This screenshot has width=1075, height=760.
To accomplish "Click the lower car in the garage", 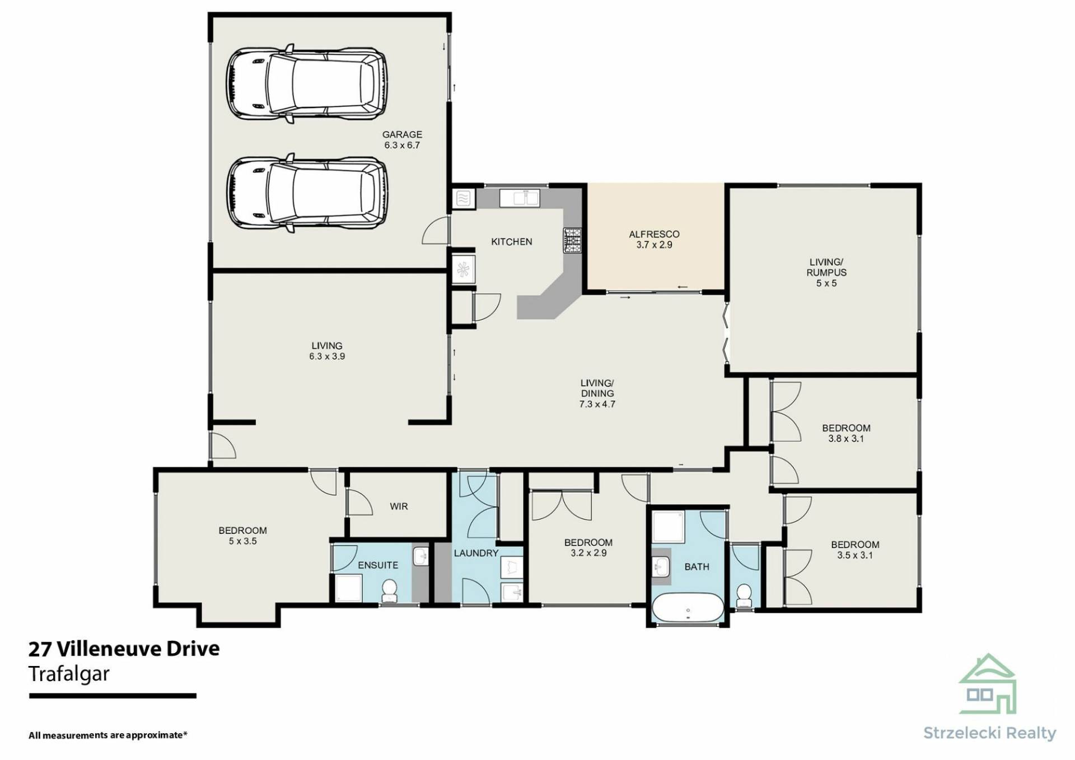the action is click(x=307, y=193).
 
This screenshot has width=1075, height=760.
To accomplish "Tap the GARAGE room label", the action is click(x=402, y=134).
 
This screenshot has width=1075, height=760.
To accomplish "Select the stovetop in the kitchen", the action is click(x=572, y=240).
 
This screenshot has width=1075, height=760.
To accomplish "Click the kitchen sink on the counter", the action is click(x=520, y=198).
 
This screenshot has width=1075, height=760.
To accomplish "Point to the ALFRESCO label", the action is click(x=654, y=234).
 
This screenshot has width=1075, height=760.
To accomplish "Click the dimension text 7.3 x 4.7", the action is click(x=597, y=404).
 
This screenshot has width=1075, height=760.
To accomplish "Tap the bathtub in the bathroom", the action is click(x=688, y=607).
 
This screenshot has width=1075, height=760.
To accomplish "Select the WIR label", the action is click(x=399, y=506).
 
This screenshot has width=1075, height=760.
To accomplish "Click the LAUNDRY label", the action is click(x=476, y=553).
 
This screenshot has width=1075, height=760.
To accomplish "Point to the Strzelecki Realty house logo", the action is click(x=987, y=683).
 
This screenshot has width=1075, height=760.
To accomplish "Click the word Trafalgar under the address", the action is click(x=69, y=674).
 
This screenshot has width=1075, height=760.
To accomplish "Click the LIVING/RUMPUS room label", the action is click(x=826, y=267).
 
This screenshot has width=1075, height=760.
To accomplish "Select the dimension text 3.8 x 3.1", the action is click(x=846, y=439).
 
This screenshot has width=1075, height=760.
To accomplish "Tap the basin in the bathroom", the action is click(x=662, y=567).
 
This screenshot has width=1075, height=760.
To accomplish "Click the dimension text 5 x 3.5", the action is click(x=242, y=541).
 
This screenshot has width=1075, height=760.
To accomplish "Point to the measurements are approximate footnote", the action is click(x=107, y=735).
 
